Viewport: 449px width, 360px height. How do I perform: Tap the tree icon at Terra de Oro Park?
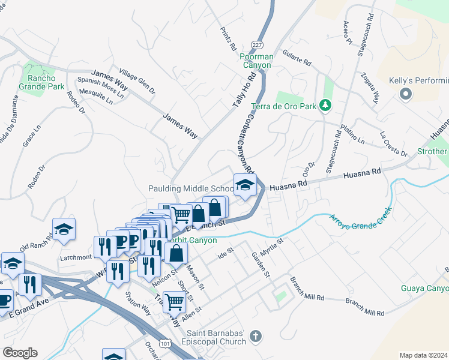[x=325, y=106]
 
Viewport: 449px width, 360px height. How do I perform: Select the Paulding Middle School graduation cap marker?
[x=245, y=185]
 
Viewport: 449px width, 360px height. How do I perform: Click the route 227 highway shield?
[x=257, y=45]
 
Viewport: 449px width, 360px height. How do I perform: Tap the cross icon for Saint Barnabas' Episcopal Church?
[x=256, y=337]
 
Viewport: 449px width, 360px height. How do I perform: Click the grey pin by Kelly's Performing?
[x=406, y=94]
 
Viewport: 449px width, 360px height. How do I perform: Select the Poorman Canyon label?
[x=257, y=61]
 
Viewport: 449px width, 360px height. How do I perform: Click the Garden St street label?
[x=262, y=265]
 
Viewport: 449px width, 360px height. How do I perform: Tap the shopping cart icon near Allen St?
[x=174, y=302]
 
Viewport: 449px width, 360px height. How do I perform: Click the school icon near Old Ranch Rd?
[x=64, y=229]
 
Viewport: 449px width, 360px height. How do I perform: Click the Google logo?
[x=20, y=353]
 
